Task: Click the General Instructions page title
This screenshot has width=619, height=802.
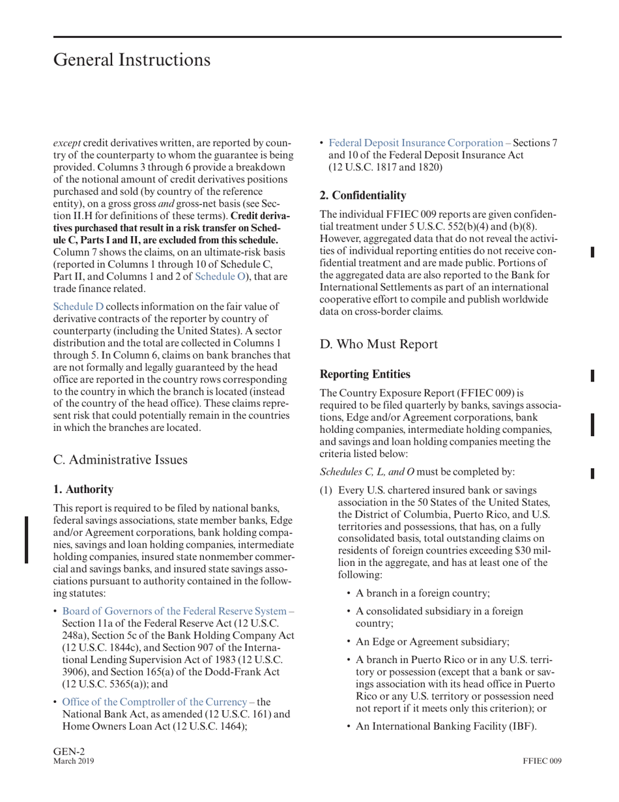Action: (132, 60)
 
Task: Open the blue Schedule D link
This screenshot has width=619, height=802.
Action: (78, 306)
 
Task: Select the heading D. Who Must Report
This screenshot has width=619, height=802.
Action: (382, 345)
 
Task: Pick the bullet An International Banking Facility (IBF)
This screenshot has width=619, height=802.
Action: (446, 725)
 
